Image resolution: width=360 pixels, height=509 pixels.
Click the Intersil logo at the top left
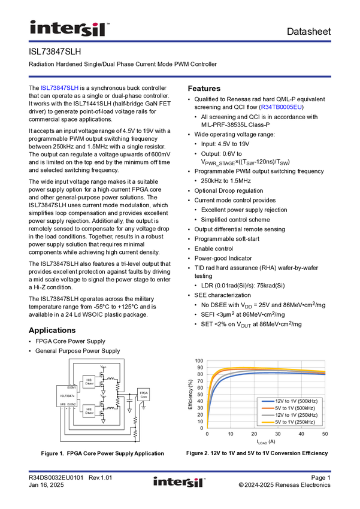(69, 28)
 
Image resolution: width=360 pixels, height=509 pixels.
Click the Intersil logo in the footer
(180, 482)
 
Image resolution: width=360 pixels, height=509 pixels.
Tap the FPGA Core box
(144, 395)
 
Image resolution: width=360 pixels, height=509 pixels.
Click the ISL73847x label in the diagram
(67, 396)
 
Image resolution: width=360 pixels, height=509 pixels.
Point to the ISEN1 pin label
(71, 388)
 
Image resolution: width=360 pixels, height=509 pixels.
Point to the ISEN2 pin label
(71, 404)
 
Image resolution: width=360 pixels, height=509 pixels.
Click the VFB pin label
(62, 404)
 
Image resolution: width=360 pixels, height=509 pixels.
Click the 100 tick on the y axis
(199, 361)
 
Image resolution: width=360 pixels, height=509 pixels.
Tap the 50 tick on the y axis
(201, 395)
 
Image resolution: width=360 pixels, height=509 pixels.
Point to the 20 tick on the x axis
(254, 434)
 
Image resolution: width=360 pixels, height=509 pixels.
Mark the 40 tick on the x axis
(301, 434)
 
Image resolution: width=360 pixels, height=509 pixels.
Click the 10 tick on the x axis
(231, 434)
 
